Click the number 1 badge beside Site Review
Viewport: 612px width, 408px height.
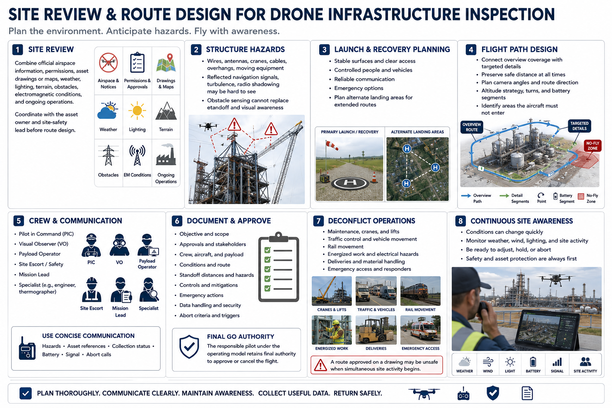click(x=18, y=50)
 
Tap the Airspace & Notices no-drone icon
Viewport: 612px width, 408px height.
click(x=108, y=63)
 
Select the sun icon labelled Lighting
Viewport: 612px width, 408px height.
click(x=137, y=111)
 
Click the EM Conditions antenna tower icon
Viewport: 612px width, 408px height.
click(x=137, y=155)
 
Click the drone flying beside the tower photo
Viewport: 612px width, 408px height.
click(x=208, y=126)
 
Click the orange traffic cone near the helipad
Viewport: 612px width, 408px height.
click(x=374, y=177)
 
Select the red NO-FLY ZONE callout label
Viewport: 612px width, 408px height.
click(x=592, y=146)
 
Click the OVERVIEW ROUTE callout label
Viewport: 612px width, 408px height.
click(x=472, y=127)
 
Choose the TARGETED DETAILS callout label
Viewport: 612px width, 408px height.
click(x=579, y=126)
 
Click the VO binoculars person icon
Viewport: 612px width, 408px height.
click(x=120, y=245)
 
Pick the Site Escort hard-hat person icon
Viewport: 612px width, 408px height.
click(x=92, y=290)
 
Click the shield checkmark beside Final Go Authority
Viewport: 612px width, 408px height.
click(x=189, y=347)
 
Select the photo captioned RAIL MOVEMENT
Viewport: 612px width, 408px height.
click(x=420, y=291)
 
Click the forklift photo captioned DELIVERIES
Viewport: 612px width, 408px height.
click(x=376, y=330)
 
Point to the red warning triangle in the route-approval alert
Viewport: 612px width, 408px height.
click(x=320, y=365)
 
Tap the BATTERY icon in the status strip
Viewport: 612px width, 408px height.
click(x=533, y=362)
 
